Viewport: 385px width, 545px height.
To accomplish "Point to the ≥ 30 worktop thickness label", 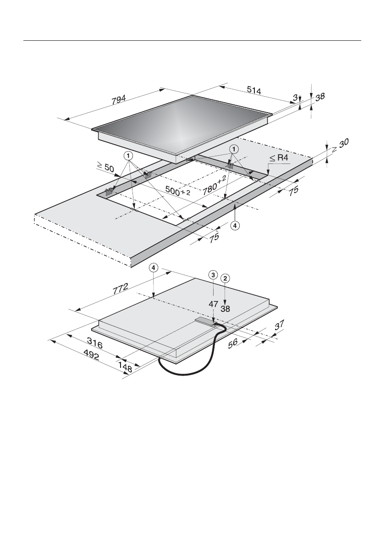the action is pos(340,145).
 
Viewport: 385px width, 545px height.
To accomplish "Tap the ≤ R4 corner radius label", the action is pos(279,158).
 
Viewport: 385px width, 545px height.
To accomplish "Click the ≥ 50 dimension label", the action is pos(105,168).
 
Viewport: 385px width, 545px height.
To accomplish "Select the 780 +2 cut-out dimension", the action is pos(214,183).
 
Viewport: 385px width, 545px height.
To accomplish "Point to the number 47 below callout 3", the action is pos(214,304).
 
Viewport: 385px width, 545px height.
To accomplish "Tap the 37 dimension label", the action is pos(279,325).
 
